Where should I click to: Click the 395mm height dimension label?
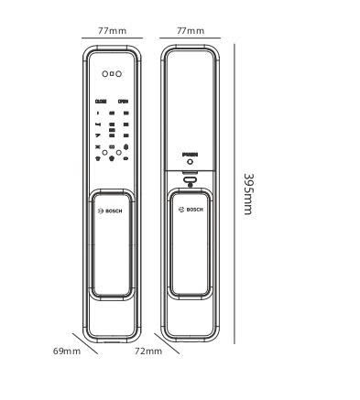point(247,193)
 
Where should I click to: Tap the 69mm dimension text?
point(67,350)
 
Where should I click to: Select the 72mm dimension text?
point(148,350)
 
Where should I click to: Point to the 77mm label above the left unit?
point(113,30)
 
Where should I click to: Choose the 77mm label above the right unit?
point(190,30)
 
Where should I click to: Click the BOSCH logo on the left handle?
point(113,211)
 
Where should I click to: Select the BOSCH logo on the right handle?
point(191,211)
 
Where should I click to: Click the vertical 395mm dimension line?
point(234,193)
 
